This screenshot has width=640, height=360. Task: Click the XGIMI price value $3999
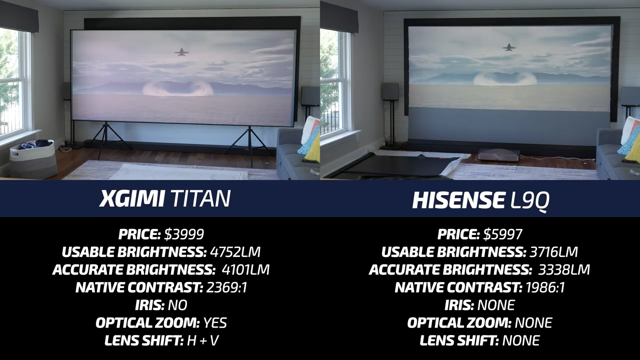click(184, 234)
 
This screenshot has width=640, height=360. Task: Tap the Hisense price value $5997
click(503, 234)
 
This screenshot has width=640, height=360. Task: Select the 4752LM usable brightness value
click(235, 252)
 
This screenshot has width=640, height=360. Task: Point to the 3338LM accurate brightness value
click(564, 269)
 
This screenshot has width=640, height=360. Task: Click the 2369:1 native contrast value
click(226, 287)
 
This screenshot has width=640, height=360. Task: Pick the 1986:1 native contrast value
click(545, 287)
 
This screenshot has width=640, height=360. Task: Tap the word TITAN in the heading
click(200, 198)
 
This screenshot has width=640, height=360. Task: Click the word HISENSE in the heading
click(458, 199)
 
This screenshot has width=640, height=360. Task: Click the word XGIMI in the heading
click(132, 198)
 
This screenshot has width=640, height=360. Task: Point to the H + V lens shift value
click(203, 340)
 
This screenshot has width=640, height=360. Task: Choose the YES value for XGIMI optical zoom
click(215, 323)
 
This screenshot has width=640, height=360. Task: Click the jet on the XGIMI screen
click(180, 52)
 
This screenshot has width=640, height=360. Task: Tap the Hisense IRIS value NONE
click(496, 305)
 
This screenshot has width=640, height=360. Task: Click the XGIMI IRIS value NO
click(177, 305)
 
